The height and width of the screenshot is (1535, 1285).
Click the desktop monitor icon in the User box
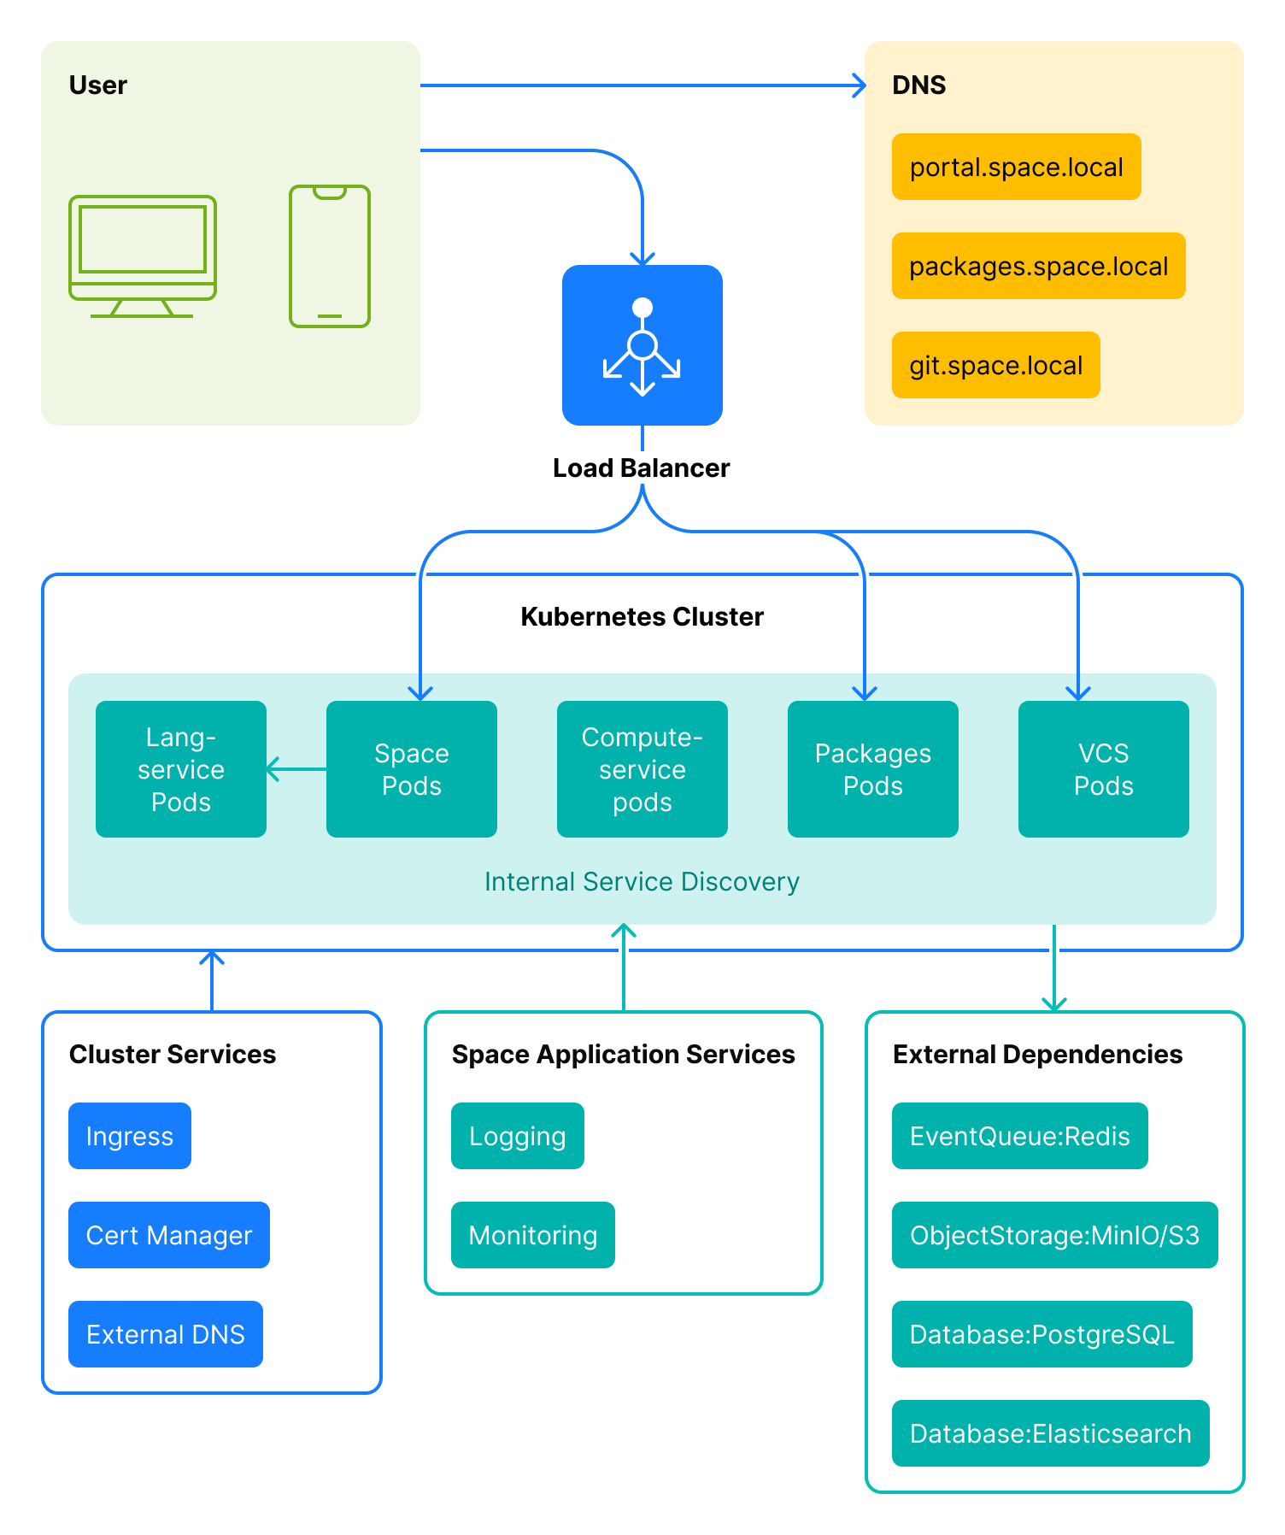pos(142,255)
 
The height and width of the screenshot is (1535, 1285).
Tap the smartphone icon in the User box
pos(330,256)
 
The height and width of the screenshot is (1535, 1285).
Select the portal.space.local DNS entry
pos(1016,167)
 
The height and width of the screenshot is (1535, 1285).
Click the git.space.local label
pos(995,365)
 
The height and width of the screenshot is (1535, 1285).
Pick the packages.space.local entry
pos(1038,266)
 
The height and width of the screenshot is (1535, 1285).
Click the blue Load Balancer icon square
pos(642,344)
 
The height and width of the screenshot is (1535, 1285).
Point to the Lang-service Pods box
pos(180,769)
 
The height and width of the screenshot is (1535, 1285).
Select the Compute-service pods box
pos(642,769)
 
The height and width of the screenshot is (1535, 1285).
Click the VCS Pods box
pos(1103,769)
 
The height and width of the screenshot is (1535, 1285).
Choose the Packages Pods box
pos(872,769)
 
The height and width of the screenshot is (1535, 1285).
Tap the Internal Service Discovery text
pos(642,881)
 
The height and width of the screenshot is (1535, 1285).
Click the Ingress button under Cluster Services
pos(130,1136)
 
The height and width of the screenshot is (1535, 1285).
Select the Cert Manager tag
pos(168,1235)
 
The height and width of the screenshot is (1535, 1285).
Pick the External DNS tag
pos(165,1334)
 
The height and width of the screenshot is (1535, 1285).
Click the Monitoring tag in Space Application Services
pos(532,1235)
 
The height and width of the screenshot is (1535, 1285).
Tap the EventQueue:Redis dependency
pos(1019,1136)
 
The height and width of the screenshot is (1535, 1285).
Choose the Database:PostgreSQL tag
pos(1041,1334)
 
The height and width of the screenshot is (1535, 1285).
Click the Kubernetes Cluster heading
pos(642,616)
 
